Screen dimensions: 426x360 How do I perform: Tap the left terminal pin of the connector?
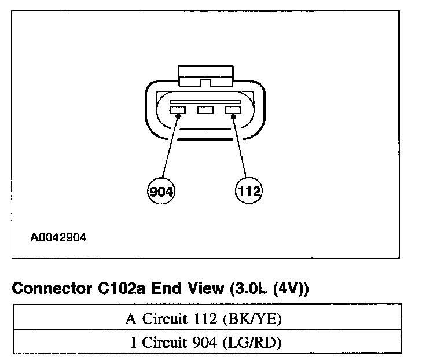tap(177, 110)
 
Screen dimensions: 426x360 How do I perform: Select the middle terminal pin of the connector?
tap(205, 110)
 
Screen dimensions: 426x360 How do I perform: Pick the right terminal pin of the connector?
tap(233, 110)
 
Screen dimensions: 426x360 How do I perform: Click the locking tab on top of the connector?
tap(205, 75)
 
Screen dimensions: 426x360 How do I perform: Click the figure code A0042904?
tap(59, 237)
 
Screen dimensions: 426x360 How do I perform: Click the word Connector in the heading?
tap(49, 288)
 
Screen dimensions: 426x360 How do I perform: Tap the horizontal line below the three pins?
tap(205, 139)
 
